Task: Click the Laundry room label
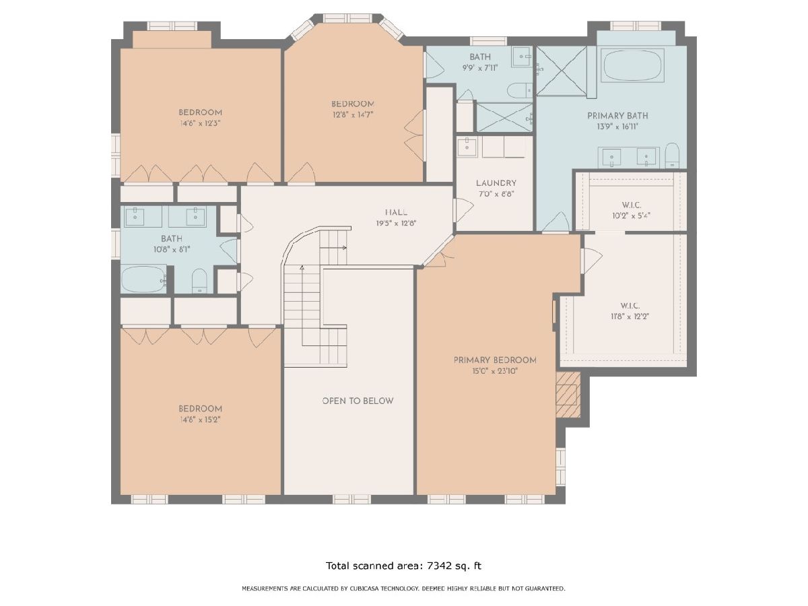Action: [496, 183]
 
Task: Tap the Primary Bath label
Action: [617, 116]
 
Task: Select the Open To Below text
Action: [358, 401]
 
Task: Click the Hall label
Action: [396, 212]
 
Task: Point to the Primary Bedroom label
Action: [495, 360]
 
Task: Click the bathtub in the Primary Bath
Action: [632, 65]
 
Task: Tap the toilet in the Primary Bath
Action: [672, 156]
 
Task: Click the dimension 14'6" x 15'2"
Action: [200, 419]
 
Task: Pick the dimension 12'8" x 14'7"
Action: [353, 114]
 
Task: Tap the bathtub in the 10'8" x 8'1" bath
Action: [144, 279]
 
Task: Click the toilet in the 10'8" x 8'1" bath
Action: [199, 281]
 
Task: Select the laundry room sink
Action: [467, 147]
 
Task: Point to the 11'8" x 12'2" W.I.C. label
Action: [630, 306]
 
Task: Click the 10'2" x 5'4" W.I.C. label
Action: [632, 205]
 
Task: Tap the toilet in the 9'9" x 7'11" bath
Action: [520, 90]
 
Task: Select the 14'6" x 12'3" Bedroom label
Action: [200, 112]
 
